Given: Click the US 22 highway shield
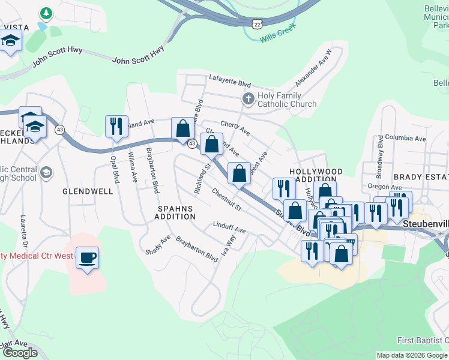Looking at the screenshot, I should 257,22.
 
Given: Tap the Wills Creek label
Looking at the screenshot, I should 278,38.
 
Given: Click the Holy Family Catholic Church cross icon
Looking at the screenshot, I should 247,98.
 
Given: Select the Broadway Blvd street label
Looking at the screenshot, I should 380,157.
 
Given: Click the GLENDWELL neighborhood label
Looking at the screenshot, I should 88,191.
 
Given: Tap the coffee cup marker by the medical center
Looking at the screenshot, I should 88,257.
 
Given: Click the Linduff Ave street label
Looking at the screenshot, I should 229,229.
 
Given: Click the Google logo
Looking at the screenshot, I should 20,353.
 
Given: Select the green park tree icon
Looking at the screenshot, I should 46,13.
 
